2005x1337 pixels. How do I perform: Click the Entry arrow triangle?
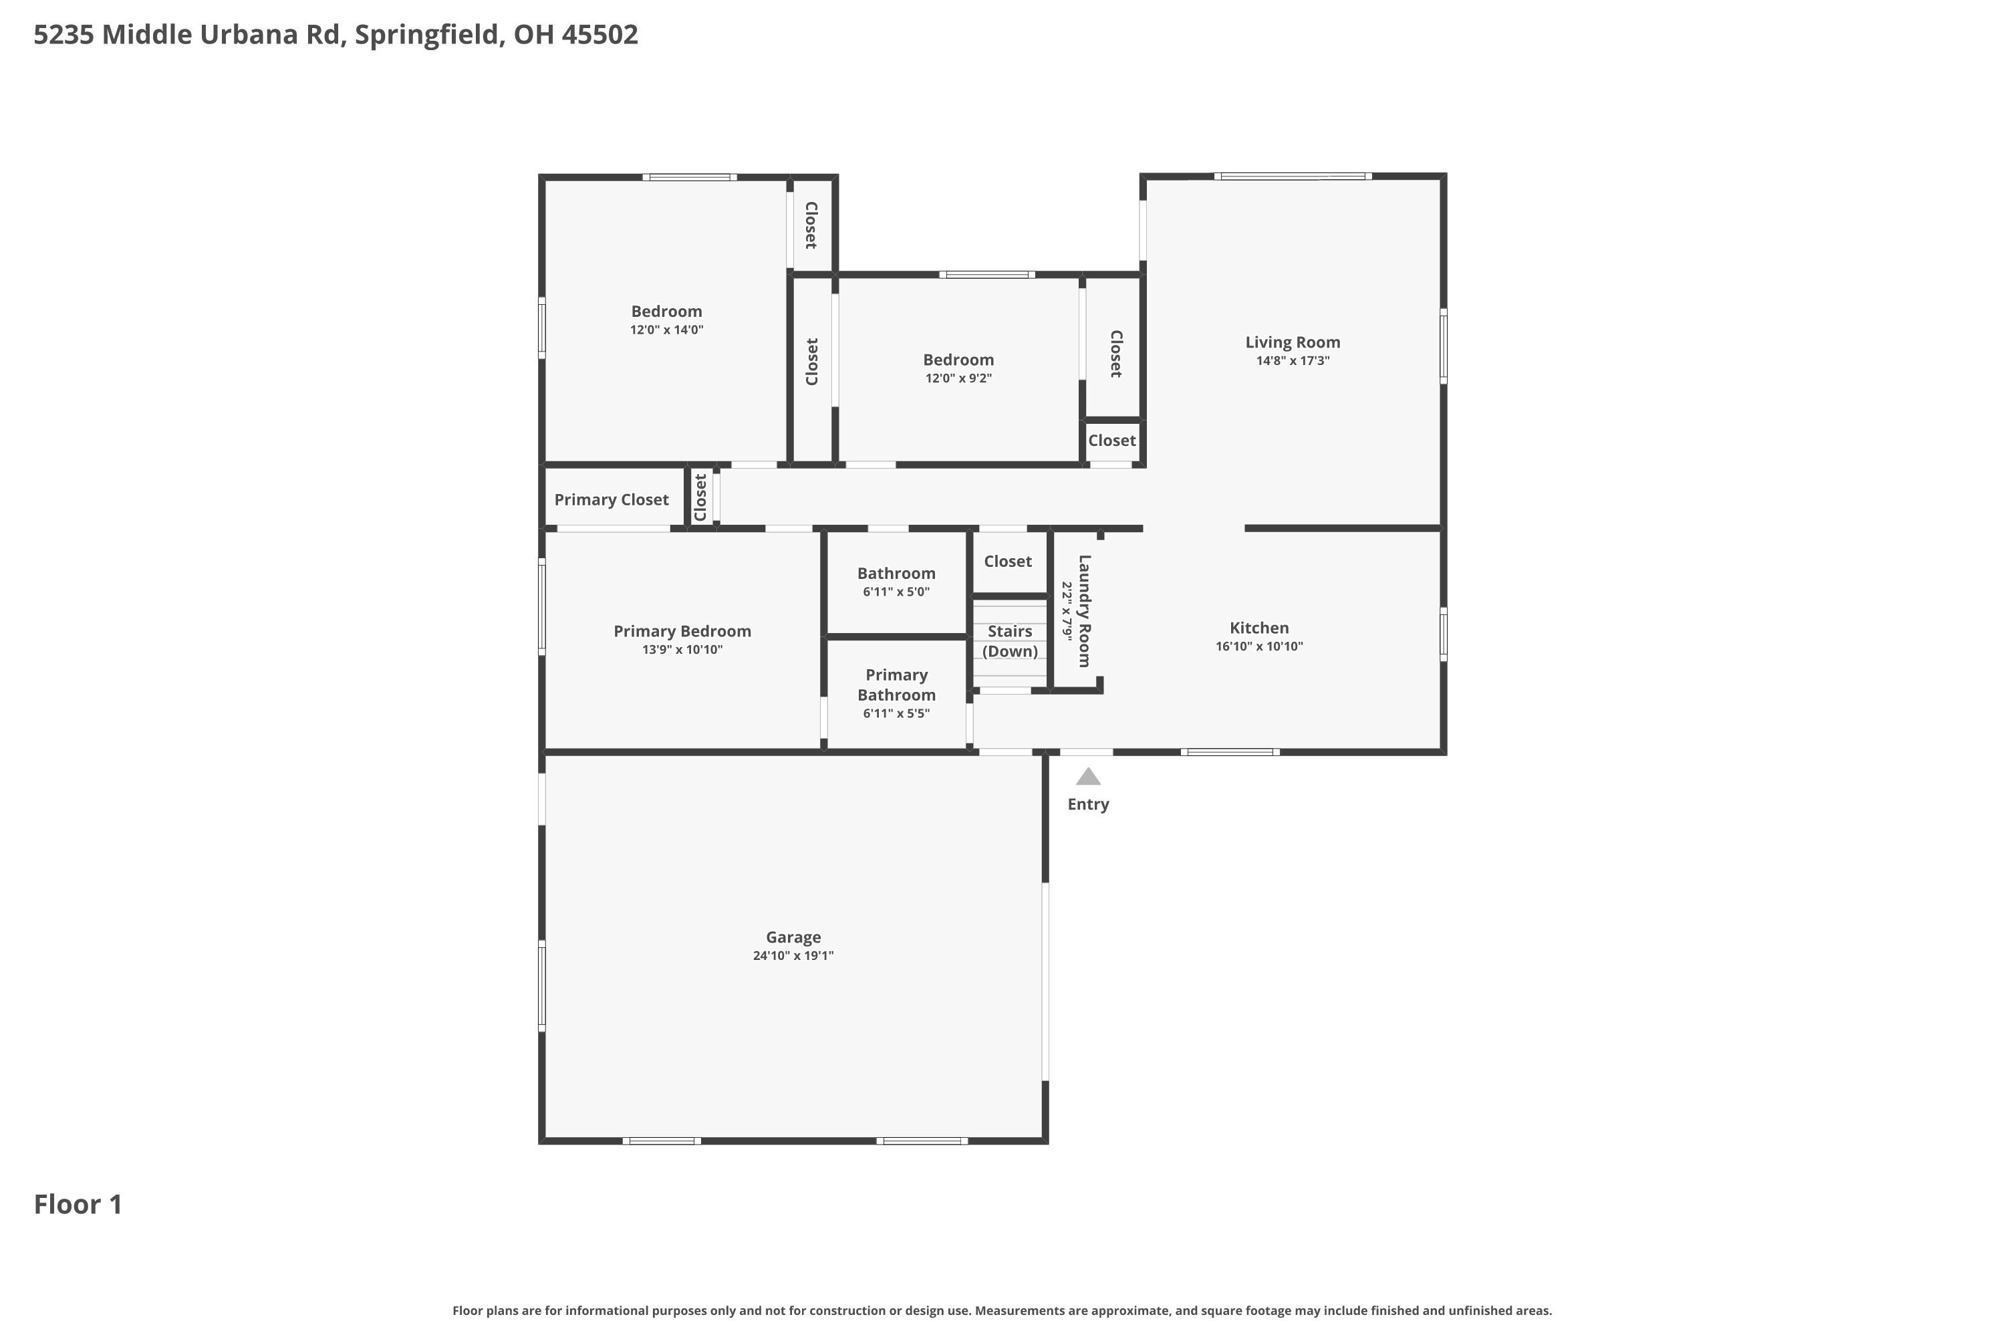(1088, 777)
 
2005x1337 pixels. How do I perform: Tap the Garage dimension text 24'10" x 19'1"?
(793, 956)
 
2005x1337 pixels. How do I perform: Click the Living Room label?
(1293, 342)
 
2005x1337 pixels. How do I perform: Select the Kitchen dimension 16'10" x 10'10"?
(1259, 646)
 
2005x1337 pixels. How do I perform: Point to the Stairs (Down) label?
(1010, 641)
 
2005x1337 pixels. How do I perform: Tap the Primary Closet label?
(612, 499)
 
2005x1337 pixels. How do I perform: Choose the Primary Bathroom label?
(896, 685)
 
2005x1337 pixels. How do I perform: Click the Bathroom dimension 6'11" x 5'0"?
(896, 592)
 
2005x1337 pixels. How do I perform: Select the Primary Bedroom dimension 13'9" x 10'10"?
(682, 650)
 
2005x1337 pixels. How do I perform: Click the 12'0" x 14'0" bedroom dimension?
(666, 330)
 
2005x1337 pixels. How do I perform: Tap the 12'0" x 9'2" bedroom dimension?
(958, 378)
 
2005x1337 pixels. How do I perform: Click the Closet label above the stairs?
(1008, 561)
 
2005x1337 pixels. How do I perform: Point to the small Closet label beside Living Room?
(1111, 441)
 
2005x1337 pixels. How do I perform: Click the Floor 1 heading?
(78, 1204)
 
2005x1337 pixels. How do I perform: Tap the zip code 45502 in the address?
(599, 34)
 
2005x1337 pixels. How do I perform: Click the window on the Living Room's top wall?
(1293, 176)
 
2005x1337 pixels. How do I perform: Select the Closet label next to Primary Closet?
(700, 498)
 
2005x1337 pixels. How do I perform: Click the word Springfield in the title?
(426, 34)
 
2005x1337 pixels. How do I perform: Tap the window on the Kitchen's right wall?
(1442, 634)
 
